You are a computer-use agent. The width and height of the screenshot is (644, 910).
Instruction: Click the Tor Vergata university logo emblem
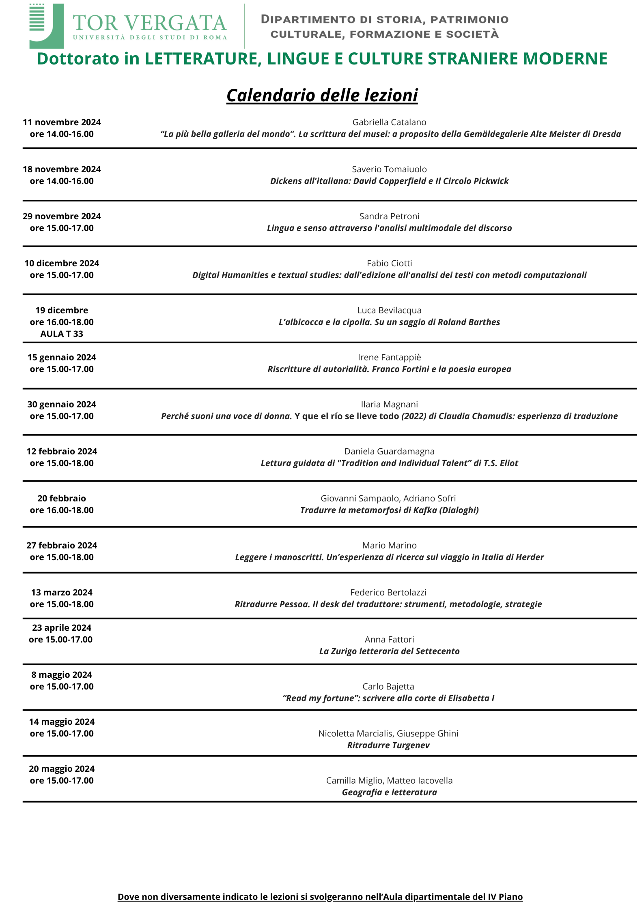pyautogui.click(x=46, y=26)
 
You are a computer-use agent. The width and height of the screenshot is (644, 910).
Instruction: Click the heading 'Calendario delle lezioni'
pyautogui.click(x=322, y=96)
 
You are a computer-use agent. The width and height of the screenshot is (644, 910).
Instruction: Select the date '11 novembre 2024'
pyautogui.click(x=62, y=122)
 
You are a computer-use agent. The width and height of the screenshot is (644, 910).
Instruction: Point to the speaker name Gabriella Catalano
pyautogui.click(x=389, y=122)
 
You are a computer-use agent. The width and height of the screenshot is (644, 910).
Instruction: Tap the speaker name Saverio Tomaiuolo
pyautogui.click(x=389, y=169)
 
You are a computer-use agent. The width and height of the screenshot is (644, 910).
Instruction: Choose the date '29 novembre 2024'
pyautogui.click(x=62, y=216)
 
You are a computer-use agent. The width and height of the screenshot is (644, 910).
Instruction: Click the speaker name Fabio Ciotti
pyautogui.click(x=389, y=263)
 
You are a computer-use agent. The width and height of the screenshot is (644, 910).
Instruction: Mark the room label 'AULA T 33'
pyautogui.click(x=62, y=334)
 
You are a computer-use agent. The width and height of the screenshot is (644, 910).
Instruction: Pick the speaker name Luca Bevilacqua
pyautogui.click(x=389, y=310)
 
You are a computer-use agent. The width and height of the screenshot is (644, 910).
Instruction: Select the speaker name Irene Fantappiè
pyautogui.click(x=389, y=358)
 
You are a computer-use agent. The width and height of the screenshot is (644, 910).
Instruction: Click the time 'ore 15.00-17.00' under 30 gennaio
pyautogui.click(x=62, y=416)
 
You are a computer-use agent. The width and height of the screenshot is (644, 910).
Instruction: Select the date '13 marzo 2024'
pyautogui.click(x=62, y=593)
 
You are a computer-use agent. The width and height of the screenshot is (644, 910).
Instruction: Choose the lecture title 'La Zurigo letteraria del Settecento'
pyautogui.click(x=389, y=651)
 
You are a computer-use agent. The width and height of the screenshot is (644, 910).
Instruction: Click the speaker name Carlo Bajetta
pyautogui.click(x=388, y=687)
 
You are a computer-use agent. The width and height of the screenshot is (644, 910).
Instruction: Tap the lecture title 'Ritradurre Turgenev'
pyautogui.click(x=388, y=745)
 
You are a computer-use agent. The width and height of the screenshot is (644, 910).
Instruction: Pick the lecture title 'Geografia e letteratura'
pyautogui.click(x=389, y=792)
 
